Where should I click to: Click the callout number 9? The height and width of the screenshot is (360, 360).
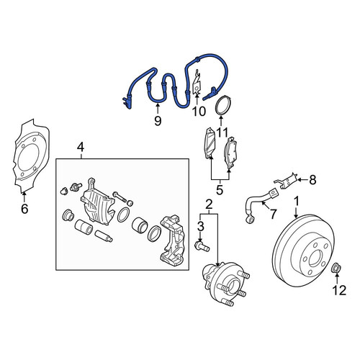point(158,121)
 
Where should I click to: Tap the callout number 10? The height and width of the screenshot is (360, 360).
point(199,112)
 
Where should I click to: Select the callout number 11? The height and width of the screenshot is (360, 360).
point(221,132)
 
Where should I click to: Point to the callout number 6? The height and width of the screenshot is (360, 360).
point(24,209)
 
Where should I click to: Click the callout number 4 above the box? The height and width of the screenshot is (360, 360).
point(81,147)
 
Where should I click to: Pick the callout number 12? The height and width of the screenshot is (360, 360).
point(339,290)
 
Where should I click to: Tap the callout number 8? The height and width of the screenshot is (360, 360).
point(312,180)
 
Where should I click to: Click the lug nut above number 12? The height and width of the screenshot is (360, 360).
point(336,268)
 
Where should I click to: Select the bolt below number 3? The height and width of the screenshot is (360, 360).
point(202,247)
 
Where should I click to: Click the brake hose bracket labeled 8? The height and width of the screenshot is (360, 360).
point(287,180)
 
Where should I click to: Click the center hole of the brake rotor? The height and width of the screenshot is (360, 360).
point(317,258)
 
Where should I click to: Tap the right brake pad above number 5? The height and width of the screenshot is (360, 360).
point(230,153)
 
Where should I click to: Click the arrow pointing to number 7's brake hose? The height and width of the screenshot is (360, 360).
point(265,204)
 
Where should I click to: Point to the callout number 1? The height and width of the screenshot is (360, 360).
point(297,202)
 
